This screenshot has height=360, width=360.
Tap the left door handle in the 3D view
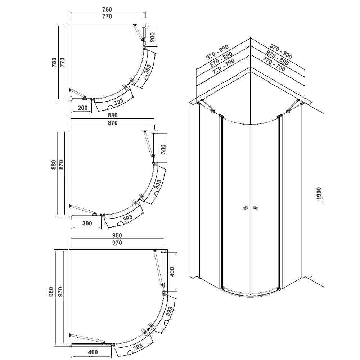[x=244, y=208]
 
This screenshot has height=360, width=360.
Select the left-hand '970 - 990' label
[x=218, y=53]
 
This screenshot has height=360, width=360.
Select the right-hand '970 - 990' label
[x=281, y=51]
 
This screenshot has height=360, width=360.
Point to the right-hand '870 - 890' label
[x=277, y=59]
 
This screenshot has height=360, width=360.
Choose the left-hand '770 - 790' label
[x=224, y=67]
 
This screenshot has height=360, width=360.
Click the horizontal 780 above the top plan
[x=107, y=9]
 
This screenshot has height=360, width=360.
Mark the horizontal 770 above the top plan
[x=107, y=17]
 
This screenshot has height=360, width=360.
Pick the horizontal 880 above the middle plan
[x=112, y=116]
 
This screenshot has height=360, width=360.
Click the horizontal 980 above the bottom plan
[x=117, y=235]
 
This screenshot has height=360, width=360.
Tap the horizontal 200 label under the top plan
[x=83, y=108]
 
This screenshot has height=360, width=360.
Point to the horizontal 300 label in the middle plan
[x=87, y=223]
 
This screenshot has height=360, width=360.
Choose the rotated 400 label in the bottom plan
[x=172, y=271]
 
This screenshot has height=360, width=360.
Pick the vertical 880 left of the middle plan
[x=54, y=165]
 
